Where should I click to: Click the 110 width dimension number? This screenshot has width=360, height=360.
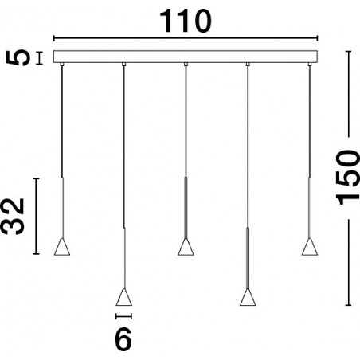coord(186,22)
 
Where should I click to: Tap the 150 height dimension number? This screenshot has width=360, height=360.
coord(347,178)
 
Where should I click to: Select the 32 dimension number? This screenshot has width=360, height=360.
coord(12,217)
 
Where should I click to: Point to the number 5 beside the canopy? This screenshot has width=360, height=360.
coord(18,57)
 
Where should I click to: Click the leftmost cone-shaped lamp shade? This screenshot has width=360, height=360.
coord(62,247)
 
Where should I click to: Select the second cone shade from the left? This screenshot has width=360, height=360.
coord(123,297)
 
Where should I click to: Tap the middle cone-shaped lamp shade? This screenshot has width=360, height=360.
coord(186,247)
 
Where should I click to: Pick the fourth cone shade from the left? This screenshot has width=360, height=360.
coord(248,297)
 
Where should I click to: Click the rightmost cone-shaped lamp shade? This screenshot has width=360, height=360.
coord(310,247)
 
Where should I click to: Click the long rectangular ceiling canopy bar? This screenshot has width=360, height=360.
coord(186,57)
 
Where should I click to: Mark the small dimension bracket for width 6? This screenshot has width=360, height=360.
coord(123,316)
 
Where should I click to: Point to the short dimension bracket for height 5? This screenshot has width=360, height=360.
coord(40,57)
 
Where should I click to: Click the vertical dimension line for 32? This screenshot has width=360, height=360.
coord(36,216)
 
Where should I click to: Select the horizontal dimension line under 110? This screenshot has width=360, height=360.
coord(186,38)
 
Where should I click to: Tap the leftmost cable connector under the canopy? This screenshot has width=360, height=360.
coord(62,64)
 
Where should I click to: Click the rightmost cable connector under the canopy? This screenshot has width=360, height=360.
coord(310,64)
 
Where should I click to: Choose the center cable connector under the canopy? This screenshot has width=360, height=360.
coord(186,64)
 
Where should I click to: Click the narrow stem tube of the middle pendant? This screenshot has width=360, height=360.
coord(186,208)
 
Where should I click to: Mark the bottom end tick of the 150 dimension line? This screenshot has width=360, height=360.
coord(348,305)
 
